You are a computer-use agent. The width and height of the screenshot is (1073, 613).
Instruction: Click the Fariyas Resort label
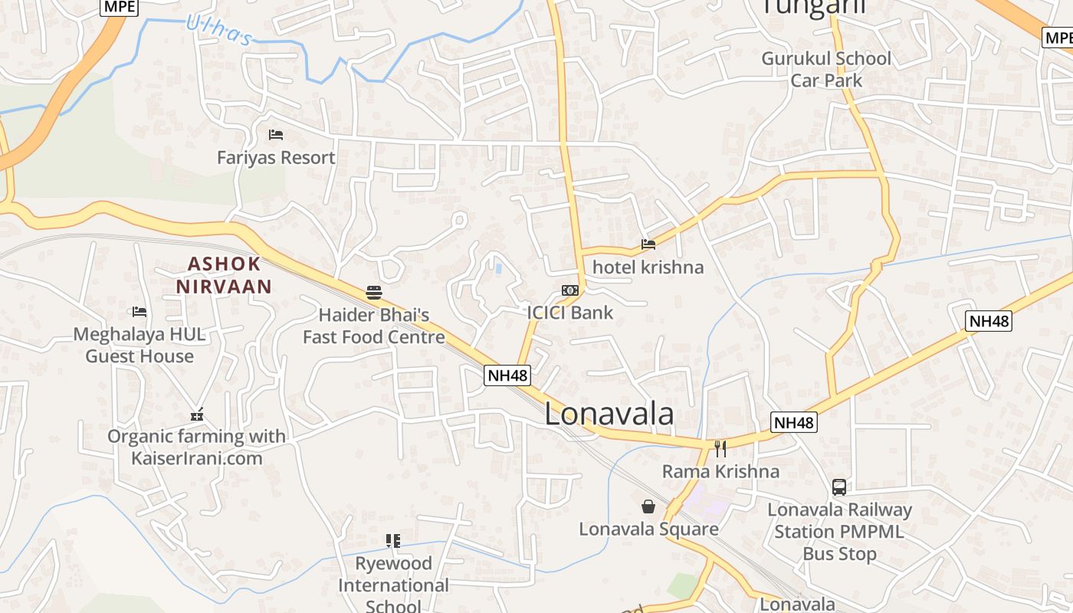(276, 158)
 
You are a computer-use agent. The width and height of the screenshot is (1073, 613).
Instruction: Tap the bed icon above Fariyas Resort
(276, 136)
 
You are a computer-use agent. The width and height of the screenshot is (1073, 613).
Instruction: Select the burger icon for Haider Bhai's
(374, 292)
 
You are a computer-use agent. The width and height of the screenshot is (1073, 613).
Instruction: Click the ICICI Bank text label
(570, 313)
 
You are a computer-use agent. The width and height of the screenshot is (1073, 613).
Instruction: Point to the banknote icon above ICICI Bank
(569, 290)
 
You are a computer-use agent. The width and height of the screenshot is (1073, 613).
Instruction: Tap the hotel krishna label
(648, 267)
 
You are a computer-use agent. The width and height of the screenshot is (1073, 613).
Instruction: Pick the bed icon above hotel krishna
(648, 245)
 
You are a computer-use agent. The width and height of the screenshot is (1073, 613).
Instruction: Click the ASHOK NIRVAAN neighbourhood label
(224, 275)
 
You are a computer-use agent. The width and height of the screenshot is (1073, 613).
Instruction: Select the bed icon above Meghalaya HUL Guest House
(139, 312)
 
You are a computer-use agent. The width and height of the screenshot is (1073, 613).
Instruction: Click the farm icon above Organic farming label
(197, 415)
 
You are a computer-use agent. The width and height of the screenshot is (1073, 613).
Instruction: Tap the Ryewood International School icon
(393, 541)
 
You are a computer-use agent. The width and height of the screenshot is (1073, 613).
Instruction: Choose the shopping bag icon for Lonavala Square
(648, 506)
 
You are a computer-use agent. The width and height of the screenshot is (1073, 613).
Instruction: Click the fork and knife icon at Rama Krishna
(720, 449)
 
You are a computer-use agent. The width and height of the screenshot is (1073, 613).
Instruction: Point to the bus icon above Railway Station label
(839, 487)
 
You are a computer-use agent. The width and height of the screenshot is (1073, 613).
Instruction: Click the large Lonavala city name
(609, 414)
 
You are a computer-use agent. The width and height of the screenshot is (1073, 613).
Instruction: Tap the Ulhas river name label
(219, 31)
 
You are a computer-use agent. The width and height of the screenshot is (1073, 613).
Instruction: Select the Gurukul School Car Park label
(826, 69)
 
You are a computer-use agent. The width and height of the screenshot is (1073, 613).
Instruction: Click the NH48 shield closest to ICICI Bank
(508, 375)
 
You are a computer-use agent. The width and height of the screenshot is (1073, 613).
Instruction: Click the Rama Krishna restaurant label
(720, 471)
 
